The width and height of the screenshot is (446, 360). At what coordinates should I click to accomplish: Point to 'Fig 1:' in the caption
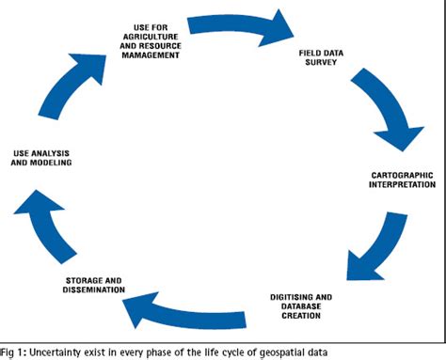[x=14, y=351]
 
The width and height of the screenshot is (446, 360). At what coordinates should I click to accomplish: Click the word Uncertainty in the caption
[x=57, y=351]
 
